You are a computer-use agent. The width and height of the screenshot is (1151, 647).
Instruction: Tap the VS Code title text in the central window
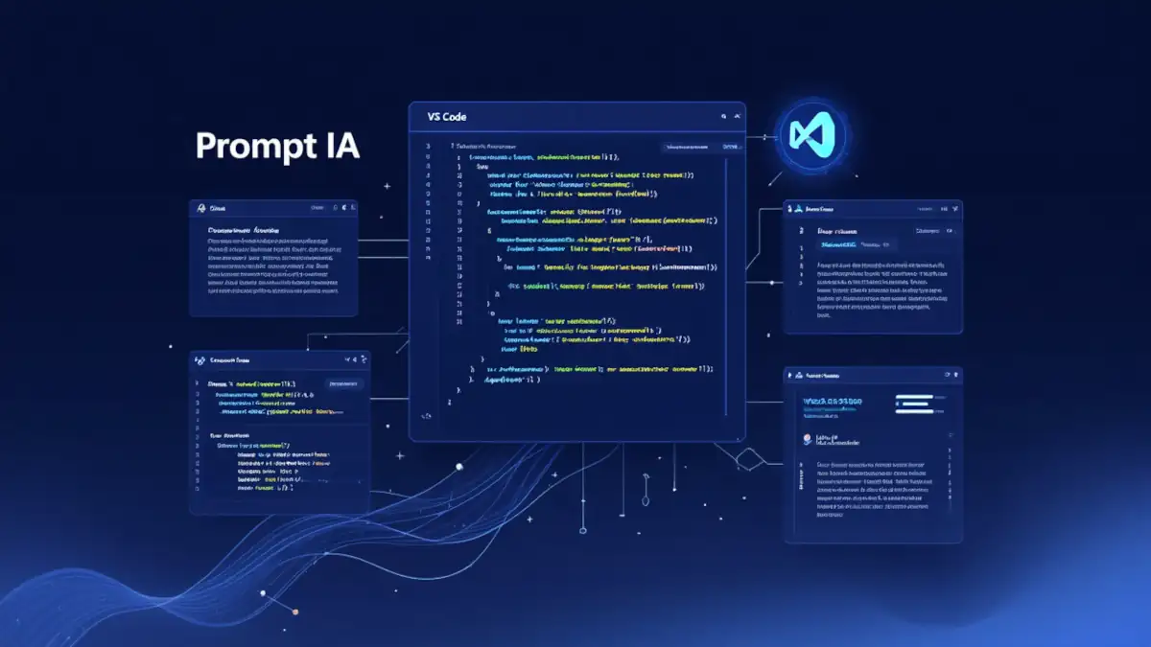click(447, 116)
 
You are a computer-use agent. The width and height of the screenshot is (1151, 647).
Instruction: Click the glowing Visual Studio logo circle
click(812, 137)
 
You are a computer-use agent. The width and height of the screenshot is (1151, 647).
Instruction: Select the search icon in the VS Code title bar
click(723, 116)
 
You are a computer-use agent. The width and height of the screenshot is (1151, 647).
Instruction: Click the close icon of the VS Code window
click(737, 116)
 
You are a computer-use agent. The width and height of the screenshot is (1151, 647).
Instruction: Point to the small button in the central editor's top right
click(731, 147)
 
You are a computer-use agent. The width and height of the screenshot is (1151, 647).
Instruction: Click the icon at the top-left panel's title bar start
click(200, 208)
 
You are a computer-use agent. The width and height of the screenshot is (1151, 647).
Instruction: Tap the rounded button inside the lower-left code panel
click(344, 383)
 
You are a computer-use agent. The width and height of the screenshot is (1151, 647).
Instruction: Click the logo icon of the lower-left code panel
click(200, 360)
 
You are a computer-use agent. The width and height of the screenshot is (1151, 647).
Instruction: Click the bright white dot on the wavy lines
click(458, 467)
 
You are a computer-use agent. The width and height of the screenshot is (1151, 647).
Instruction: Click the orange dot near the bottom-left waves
click(295, 612)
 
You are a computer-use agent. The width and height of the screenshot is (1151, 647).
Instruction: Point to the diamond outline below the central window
click(748, 462)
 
